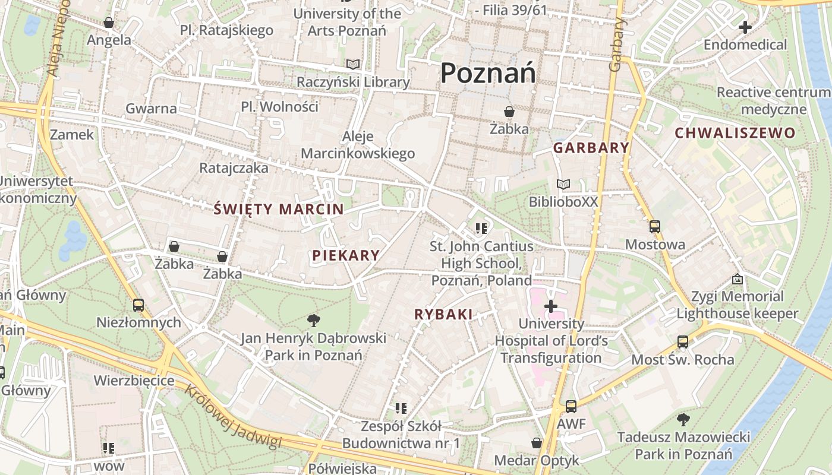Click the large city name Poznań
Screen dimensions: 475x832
[x=488, y=73]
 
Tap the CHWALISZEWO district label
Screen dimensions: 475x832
[x=735, y=133]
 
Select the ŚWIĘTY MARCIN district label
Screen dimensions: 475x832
[x=279, y=209]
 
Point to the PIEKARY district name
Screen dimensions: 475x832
[x=346, y=255]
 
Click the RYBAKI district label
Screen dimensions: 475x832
[x=443, y=315]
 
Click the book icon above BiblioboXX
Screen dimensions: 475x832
[x=563, y=185]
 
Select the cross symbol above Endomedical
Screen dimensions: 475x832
[x=745, y=27]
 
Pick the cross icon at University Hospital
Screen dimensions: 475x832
[x=551, y=306]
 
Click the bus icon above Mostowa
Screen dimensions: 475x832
[x=654, y=227]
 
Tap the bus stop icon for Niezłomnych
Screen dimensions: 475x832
[x=138, y=305]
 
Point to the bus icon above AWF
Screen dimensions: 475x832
[x=571, y=407]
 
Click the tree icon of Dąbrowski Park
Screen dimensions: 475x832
[x=313, y=321]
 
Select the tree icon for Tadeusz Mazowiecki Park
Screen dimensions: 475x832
[x=683, y=420]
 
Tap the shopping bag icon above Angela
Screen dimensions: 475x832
[x=109, y=23]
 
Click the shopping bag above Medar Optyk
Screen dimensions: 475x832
[x=536, y=443]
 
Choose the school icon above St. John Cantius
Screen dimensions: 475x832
[x=481, y=228]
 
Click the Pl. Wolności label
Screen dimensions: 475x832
[x=279, y=107]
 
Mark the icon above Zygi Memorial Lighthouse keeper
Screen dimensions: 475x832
[x=738, y=278]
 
